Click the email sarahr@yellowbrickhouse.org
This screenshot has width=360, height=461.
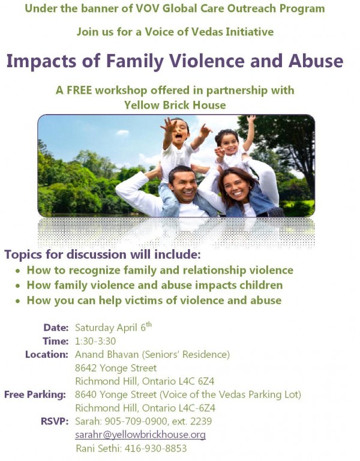[140, 435]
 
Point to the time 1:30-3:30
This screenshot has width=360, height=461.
[95, 341]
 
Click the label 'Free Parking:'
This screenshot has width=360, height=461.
[35, 394]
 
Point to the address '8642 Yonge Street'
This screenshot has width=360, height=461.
[116, 368]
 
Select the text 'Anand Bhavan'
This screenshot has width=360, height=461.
[103, 354]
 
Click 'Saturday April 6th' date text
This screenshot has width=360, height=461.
[113, 328]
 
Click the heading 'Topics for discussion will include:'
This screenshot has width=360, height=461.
[103, 255]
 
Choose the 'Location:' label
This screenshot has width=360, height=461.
[46, 354]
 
